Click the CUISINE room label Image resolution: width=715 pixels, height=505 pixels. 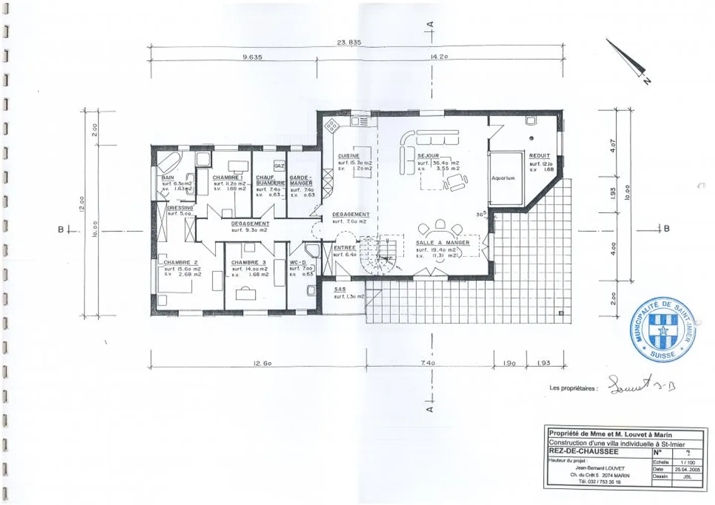coord(349,156)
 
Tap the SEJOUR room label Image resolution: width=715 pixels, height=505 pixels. coord(428,156)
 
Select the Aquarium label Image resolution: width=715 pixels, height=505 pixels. coord(503,178)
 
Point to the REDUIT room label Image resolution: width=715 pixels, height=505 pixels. coord(539,156)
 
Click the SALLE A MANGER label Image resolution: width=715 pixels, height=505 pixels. coord(442,243)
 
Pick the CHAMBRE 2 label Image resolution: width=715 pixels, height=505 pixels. coord(181,262)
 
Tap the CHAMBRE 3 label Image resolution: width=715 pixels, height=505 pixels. coord(248,262)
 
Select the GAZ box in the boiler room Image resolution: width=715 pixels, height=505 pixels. coord(279,166)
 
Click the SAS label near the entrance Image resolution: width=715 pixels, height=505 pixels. coord(340,289)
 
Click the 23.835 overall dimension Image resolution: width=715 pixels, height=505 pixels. coord(349,43)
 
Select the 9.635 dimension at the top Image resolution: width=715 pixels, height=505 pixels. coord(252,57)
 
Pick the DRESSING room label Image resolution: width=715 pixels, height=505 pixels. coord(180,208)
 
